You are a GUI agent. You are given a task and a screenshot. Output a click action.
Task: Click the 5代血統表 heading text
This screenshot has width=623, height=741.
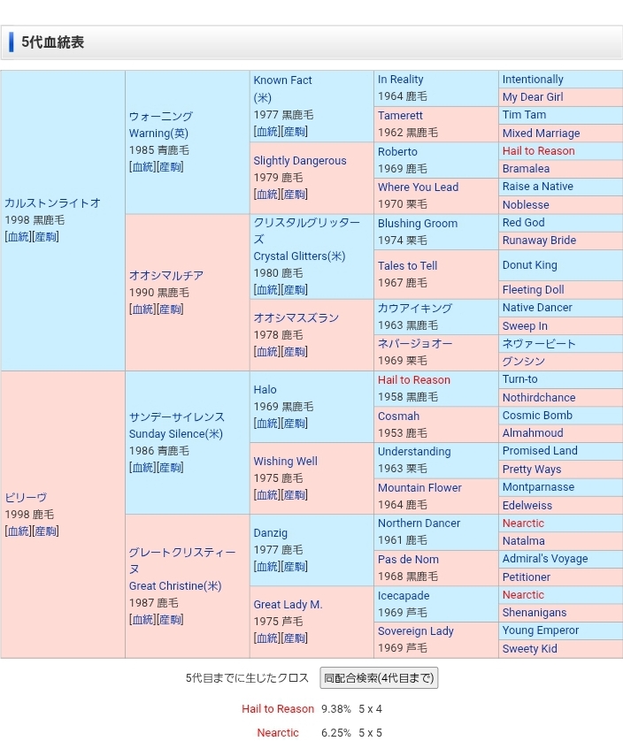(53, 42)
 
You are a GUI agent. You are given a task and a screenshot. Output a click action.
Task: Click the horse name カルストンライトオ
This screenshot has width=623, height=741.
(53, 202)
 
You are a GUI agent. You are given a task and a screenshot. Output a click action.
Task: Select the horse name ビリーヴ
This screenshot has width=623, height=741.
(26, 497)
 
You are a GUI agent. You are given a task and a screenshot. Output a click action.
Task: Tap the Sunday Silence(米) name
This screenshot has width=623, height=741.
(176, 433)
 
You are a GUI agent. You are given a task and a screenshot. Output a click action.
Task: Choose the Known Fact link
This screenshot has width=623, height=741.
(282, 80)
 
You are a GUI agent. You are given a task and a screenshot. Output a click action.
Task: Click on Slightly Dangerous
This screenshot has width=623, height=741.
(300, 161)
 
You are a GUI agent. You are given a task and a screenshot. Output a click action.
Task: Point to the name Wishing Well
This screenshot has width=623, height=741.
(285, 461)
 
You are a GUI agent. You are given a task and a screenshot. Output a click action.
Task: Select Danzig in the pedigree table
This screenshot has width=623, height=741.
(270, 533)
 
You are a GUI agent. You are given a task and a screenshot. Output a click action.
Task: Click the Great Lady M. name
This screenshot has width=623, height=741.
(288, 605)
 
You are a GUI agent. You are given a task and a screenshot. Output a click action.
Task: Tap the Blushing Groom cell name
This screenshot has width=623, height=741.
(418, 223)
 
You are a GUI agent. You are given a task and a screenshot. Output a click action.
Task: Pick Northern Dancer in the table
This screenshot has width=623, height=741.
(419, 523)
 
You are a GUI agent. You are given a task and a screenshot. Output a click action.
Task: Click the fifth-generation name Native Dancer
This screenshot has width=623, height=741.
(537, 308)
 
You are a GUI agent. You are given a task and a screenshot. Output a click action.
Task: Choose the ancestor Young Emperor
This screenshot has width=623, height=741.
(541, 630)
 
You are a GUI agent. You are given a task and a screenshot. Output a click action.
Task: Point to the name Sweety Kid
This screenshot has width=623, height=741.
(529, 648)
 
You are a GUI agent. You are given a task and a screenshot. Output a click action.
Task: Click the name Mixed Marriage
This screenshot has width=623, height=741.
(541, 134)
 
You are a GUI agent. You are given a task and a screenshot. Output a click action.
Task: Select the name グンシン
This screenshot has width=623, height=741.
(524, 361)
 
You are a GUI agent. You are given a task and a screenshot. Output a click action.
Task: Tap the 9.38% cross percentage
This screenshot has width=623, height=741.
(336, 708)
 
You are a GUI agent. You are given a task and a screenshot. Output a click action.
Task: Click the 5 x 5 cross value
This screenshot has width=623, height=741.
(370, 732)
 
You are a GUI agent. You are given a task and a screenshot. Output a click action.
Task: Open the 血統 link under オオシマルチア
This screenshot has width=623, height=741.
(142, 309)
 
